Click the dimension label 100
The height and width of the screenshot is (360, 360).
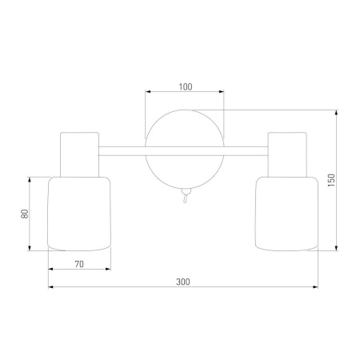186,87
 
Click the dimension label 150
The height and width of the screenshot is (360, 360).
331,180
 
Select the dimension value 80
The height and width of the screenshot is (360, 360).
25,214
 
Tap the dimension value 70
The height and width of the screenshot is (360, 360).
79,264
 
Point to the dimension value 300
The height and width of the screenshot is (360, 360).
183,282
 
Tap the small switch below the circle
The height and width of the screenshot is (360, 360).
186,195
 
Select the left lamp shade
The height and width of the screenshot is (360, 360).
79,214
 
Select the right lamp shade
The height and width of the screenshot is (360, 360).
286,214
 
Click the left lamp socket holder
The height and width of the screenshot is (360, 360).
79,154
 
